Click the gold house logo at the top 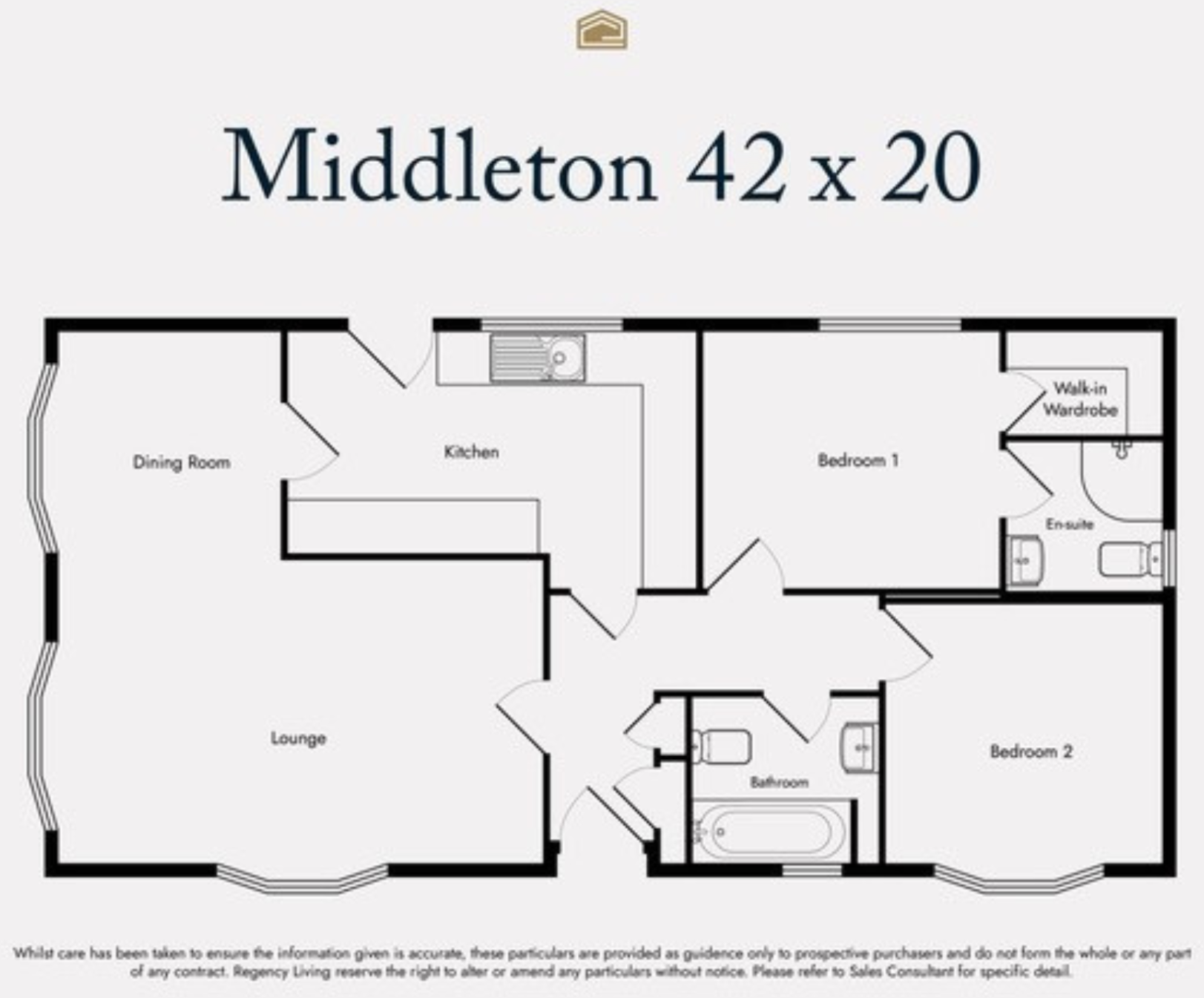[602, 30]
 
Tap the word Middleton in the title [439, 166]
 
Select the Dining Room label [181, 462]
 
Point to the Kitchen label [471, 452]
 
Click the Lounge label [298, 738]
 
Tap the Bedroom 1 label [858, 460]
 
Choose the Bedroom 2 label [1031, 752]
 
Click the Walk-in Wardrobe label [1080, 398]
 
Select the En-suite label [1069, 524]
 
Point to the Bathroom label [779, 782]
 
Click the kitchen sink [538, 358]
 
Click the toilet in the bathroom [721, 746]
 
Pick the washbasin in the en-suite [1025, 560]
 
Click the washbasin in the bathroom [860, 746]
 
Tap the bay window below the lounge [302, 881]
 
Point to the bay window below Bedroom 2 [1019, 881]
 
